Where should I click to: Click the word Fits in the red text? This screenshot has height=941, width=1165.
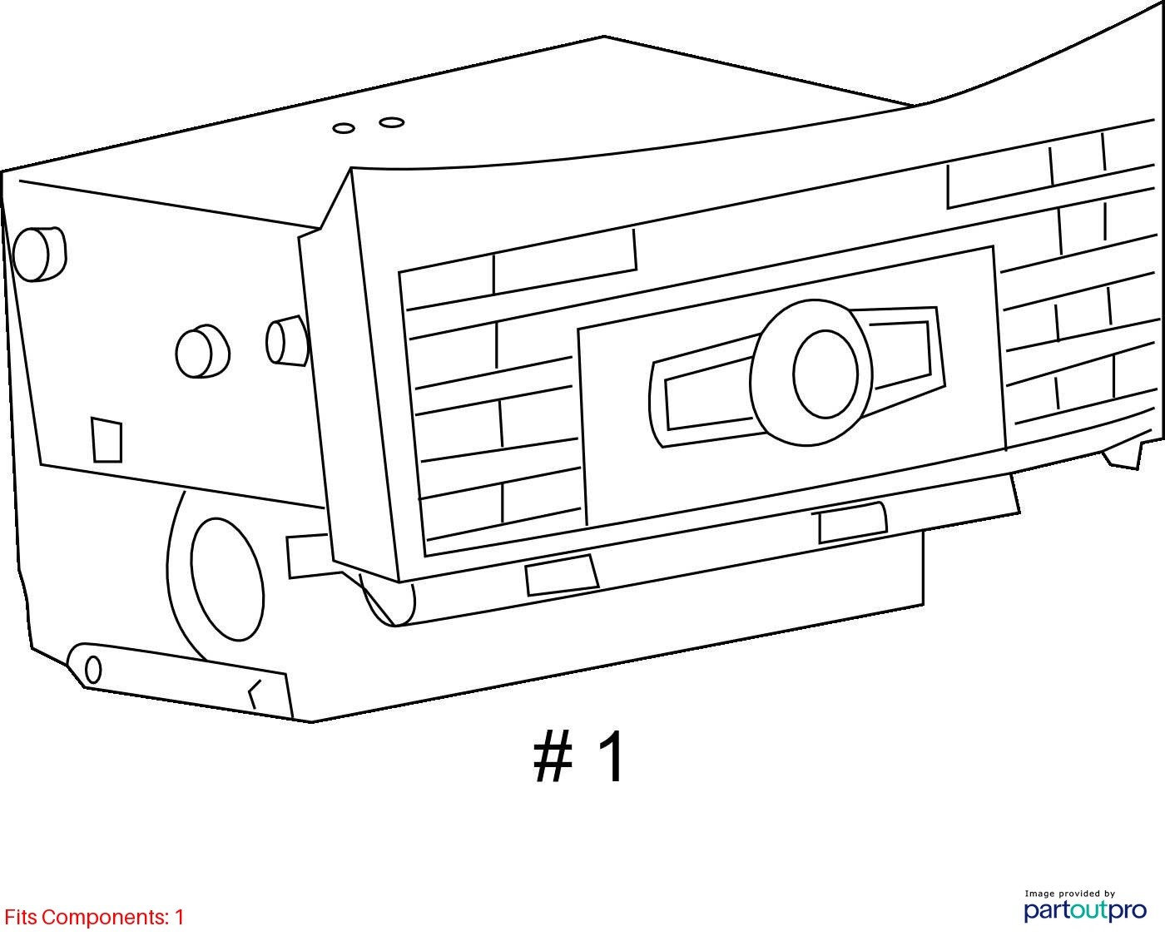22,917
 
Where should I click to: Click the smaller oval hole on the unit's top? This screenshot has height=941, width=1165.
344,128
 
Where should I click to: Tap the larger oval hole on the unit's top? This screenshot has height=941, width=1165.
392,122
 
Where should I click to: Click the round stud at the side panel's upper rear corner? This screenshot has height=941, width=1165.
38,255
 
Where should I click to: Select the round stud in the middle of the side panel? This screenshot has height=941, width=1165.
202,352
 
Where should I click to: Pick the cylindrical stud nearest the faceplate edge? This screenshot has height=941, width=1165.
288,340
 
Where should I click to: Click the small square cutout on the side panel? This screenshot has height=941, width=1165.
107,440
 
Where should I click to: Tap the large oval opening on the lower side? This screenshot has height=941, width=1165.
227,579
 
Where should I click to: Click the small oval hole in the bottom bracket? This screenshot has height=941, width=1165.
93,669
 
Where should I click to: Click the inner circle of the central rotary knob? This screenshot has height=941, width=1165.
825,374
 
